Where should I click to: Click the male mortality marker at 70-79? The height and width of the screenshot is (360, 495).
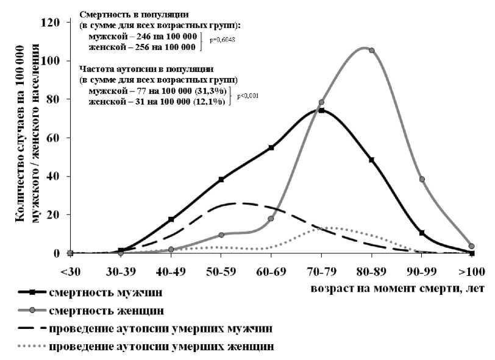[321, 111]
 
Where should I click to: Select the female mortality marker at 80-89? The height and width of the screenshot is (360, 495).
[372, 51]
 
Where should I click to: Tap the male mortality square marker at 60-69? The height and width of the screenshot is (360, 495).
[271, 147]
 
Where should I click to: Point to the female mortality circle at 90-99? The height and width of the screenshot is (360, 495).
[422, 179]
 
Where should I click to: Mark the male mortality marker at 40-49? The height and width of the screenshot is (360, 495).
[171, 219]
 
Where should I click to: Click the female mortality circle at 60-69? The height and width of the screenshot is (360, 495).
[271, 219]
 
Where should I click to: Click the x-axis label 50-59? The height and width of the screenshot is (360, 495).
[221, 269]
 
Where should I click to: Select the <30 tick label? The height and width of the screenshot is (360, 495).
[70, 269]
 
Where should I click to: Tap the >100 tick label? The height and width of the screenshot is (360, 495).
[471, 269]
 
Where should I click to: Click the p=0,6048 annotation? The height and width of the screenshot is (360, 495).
[223, 40]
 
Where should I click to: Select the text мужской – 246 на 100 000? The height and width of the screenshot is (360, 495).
[142, 37]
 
